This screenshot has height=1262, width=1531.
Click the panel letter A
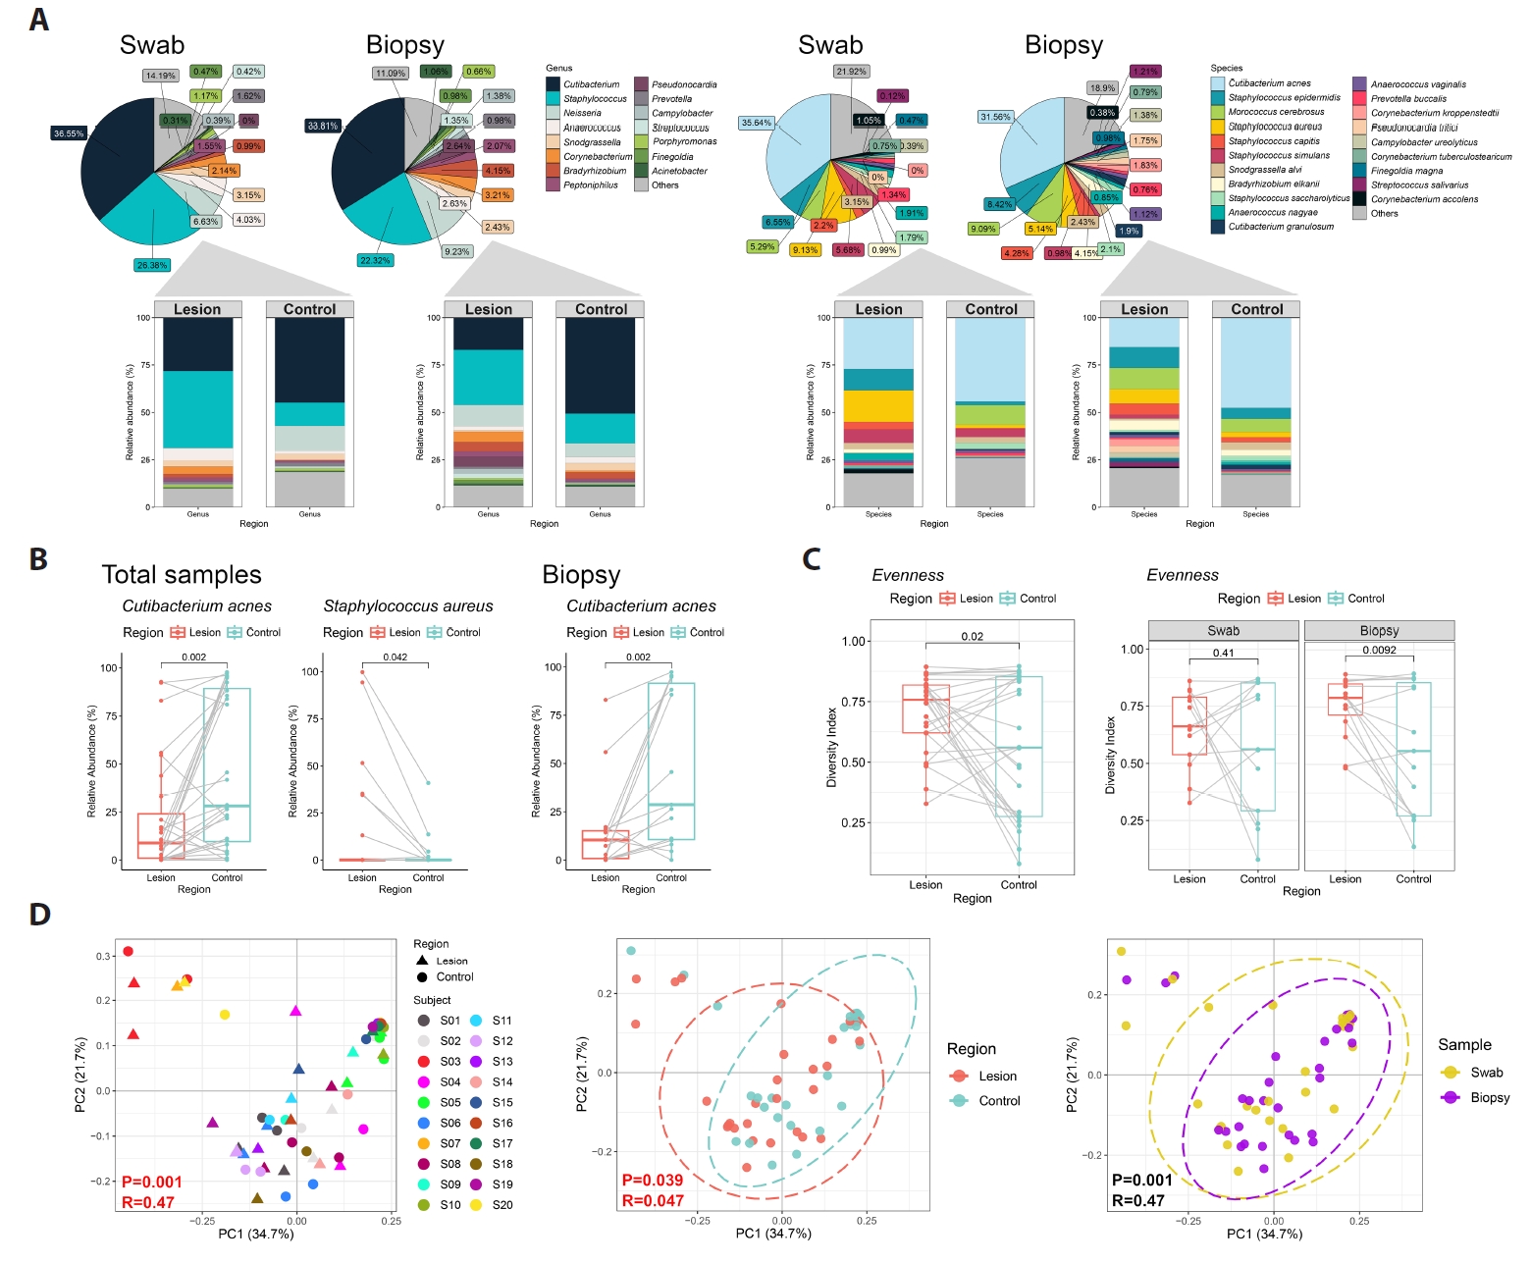[38, 20]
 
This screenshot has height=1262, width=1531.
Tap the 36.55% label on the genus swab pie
[69, 133]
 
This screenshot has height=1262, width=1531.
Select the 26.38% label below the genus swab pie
[152, 265]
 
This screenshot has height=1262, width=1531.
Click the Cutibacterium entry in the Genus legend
[591, 84]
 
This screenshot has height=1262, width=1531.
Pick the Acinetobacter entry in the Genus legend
[679, 171]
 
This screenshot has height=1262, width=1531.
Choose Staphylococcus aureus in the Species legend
[1275, 127]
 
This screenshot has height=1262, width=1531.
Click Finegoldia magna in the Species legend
[1406, 171]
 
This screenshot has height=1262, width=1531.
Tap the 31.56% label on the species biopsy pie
[995, 117]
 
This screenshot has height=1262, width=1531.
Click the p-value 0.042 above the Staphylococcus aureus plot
[395, 657]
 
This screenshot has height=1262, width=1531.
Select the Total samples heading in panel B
[182, 575]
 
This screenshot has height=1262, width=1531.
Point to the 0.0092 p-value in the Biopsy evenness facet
[1379, 651]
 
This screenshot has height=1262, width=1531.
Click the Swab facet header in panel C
[1223, 631]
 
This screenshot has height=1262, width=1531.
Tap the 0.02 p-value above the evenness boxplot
[972, 637]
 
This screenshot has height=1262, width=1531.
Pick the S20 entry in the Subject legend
[502, 1205]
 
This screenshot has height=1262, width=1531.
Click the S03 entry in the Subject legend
[449, 1062]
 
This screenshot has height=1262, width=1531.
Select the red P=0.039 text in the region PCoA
[653, 1181]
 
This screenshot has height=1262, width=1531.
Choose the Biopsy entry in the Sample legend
[1489, 1098]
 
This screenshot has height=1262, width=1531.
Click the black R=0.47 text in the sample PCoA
[1137, 1200]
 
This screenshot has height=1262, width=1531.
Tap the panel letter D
[39, 915]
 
